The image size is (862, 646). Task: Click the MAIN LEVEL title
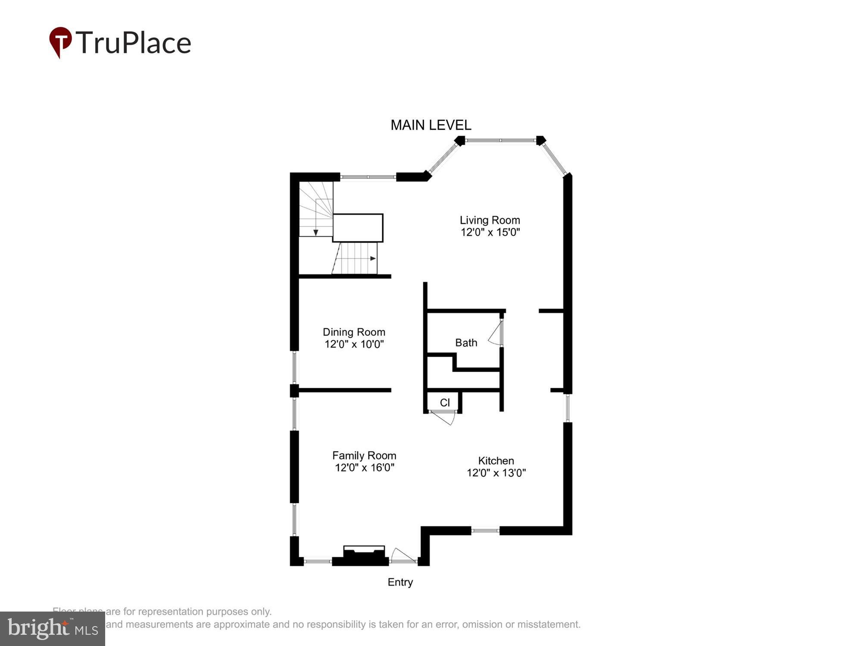(431, 125)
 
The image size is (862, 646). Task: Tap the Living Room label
(490, 220)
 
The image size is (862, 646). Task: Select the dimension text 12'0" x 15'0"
(490, 233)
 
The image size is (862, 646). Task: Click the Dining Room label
(354, 332)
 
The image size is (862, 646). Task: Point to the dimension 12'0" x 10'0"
(354, 344)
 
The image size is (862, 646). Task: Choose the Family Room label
(364, 456)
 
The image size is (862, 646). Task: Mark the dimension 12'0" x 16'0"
(365, 468)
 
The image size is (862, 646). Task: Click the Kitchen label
(496, 461)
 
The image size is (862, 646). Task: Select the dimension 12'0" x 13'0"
(496, 473)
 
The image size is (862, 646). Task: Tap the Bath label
(466, 343)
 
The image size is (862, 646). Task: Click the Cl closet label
(445, 403)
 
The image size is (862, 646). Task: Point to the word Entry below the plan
(400, 582)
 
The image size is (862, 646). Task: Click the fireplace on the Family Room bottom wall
(364, 556)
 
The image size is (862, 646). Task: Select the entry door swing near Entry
(403, 556)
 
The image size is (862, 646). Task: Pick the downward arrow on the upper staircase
(316, 233)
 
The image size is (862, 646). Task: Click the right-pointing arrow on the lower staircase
(373, 258)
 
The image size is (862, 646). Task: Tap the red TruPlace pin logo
(60, 41)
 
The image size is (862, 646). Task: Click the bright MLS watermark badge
(52, 629)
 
